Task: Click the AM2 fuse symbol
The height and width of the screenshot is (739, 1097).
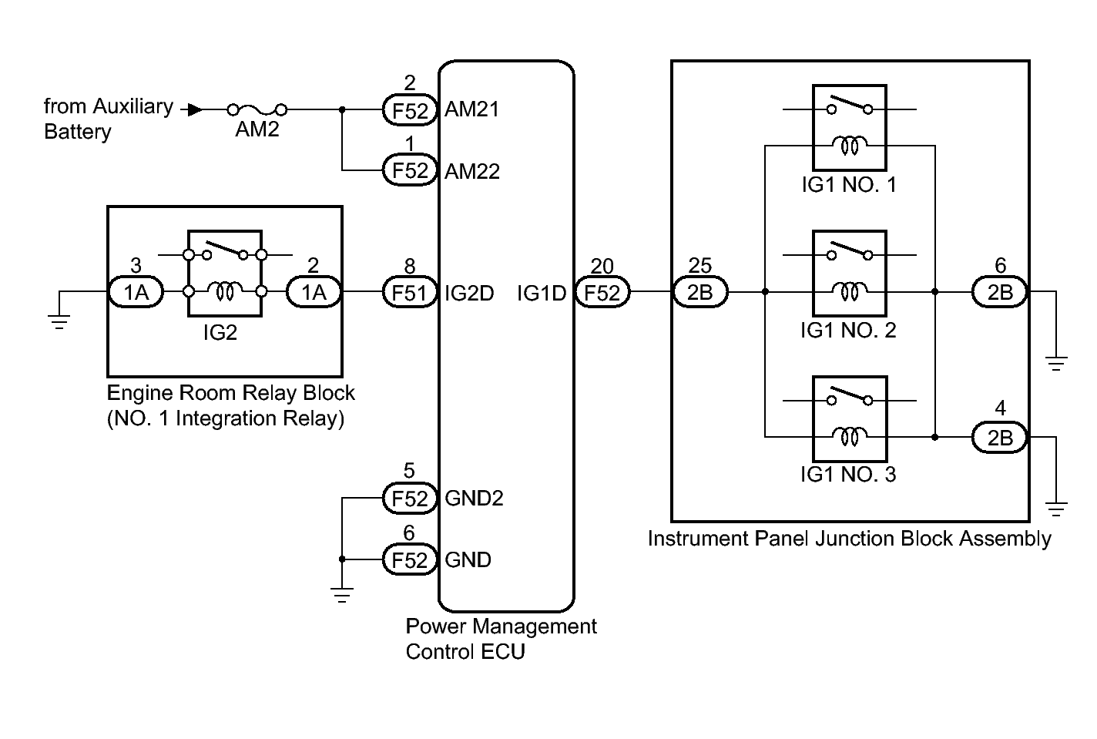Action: (257, 109)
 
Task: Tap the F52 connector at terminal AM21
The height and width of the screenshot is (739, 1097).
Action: (410, 109)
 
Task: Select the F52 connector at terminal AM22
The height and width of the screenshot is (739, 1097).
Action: (410, 170)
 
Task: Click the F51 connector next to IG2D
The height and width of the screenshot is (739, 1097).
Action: (410, 292)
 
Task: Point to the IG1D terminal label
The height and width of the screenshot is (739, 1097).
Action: (541, 293)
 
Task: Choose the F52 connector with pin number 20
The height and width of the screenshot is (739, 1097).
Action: (602, 292)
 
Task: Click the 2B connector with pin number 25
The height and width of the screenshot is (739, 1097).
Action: (700, 292)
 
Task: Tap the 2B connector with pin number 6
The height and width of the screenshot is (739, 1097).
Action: (1000, 292)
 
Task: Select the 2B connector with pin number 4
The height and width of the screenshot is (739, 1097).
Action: (1000, 438)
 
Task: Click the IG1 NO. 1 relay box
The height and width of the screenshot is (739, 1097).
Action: (850, 127)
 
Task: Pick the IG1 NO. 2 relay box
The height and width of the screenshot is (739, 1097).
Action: (850, 273)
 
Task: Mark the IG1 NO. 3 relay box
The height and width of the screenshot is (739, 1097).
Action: (850, 418)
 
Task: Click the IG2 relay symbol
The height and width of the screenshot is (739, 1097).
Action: (225, 274)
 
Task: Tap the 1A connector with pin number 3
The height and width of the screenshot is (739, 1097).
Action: (136, 292)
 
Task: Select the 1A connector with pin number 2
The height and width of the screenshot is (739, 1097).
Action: (314, 292)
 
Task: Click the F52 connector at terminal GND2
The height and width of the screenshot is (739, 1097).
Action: (410, 499)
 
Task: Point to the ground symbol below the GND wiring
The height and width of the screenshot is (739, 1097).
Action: (342, 595)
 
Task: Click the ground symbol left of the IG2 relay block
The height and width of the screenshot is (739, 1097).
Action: (59, 322)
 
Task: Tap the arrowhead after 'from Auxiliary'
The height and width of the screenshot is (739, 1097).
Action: (195, 109)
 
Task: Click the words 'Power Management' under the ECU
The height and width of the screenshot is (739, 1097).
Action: (501, 626)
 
